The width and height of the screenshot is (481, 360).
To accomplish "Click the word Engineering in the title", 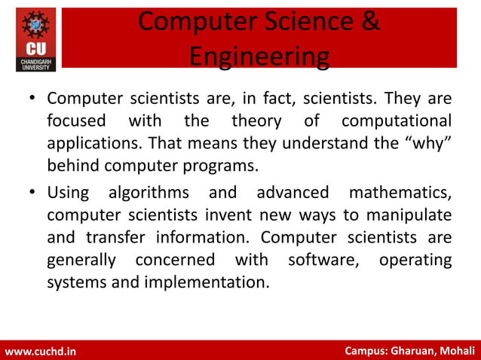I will pyautogui.click(x=259, y=56).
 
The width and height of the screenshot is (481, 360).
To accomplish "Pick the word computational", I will pyautogui.click(x=397, y=121).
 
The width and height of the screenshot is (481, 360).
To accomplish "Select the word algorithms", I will pyautogui.click(x=149, y=193).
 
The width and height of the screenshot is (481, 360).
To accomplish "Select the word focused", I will pyautogui.click(x=75, y=121).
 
